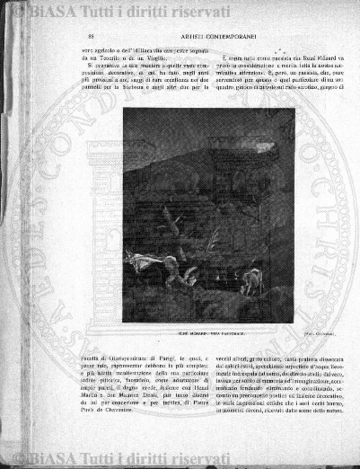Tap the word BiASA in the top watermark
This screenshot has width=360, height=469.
(45, 12)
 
